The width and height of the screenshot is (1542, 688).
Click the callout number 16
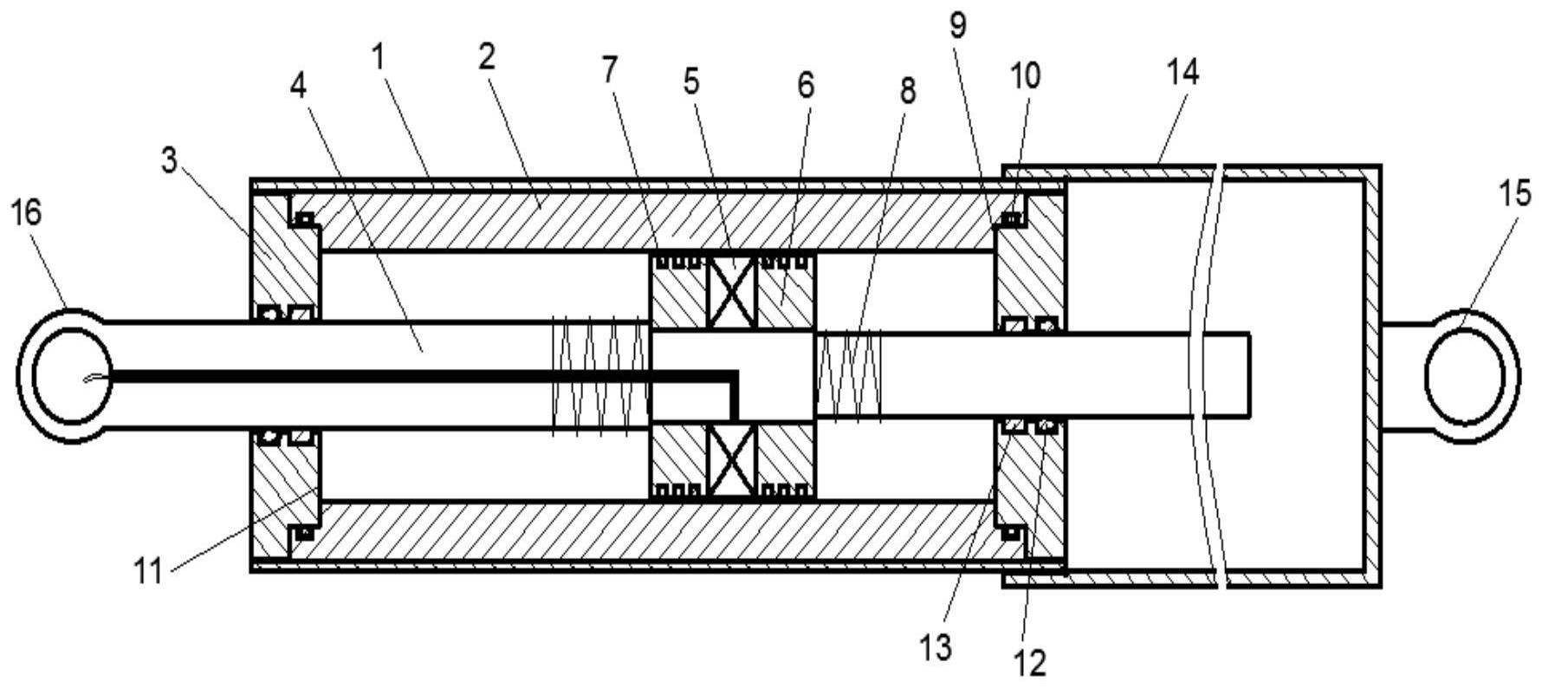pyautogui.click(x=26, y=212)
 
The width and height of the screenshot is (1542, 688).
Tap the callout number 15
pyautogui.click(x=1515, y=195)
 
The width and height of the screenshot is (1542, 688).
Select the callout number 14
pyautogui.click(x=1182, y=73)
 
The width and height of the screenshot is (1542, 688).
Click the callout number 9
pyautogui.click(x=956, y=26)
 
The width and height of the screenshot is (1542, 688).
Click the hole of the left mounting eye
pyautogui.click(x=72, y=374)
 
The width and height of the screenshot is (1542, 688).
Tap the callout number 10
pyautogui.click(x=1023, y=76)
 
